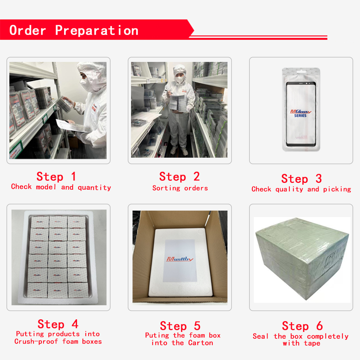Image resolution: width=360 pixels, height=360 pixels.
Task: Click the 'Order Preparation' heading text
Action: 74,30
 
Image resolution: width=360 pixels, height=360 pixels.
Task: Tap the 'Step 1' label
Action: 56,176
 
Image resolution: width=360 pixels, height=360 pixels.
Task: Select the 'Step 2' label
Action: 180,176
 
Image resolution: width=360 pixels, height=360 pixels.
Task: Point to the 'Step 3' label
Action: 301,179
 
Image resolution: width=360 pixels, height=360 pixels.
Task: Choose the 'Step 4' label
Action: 58,324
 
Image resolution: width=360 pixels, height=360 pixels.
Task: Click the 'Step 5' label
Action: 180,326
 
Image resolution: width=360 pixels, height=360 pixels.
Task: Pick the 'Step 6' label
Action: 302,326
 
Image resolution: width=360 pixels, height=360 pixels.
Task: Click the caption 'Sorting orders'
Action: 180,188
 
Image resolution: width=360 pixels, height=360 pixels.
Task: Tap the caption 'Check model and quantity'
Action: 61,187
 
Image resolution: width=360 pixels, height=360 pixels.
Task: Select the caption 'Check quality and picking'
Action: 301,189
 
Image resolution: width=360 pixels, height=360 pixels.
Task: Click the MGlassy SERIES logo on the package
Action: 301,113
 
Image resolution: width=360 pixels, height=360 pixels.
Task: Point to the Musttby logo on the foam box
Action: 180,259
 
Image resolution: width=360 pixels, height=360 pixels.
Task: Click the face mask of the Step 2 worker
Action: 180,80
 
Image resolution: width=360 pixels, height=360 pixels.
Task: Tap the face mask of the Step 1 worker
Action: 86,84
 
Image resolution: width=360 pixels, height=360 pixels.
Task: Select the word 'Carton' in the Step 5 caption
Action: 201,343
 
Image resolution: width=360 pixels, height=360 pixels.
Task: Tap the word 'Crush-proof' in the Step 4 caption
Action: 36,341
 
